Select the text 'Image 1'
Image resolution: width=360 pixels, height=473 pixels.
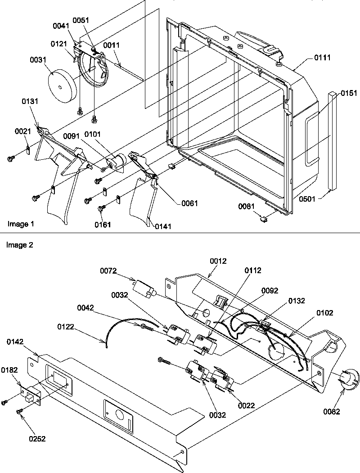pyautogui.click(x=20, y=224)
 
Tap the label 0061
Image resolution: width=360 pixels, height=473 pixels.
pyautogui.click(x=189, y=203)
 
